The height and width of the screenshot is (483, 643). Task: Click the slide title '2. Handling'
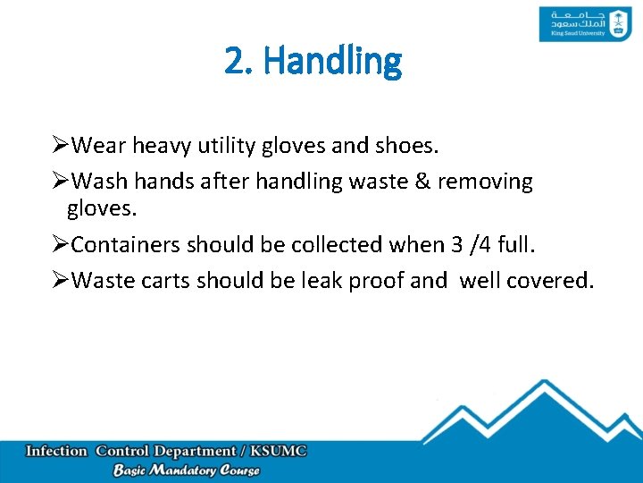[313, 61]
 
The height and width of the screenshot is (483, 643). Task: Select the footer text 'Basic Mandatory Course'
[186, 470]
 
